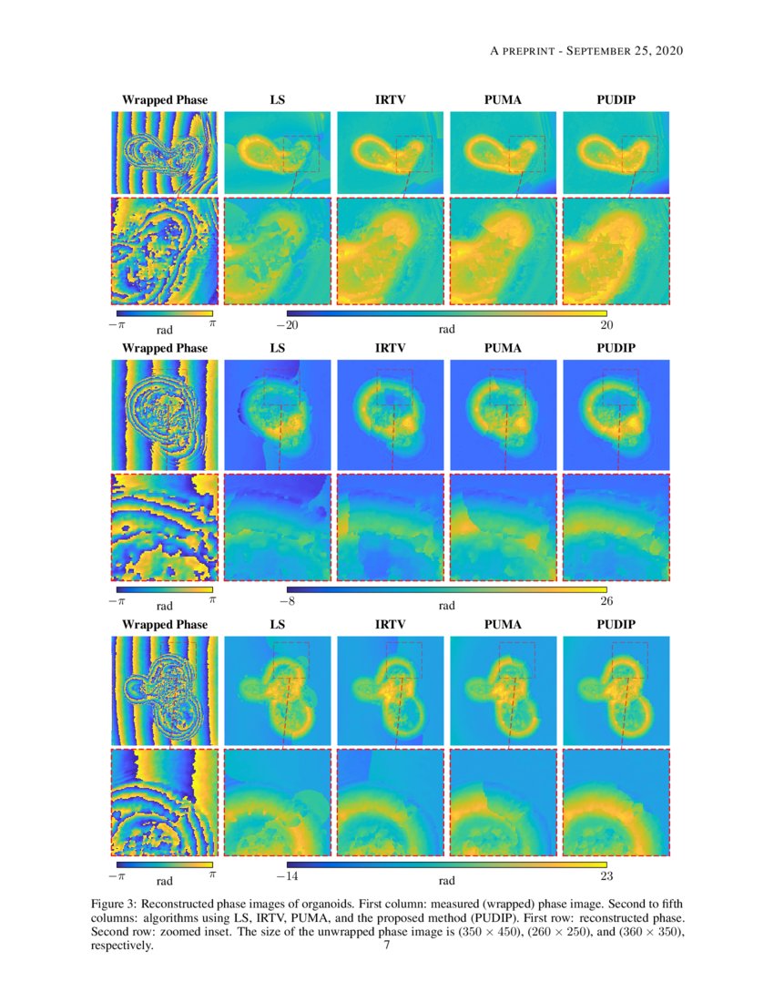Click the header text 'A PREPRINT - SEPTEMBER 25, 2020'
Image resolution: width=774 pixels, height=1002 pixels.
(586, 50)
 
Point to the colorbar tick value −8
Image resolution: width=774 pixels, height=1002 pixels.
(286, 602)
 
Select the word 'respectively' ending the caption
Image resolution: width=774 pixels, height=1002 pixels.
(121, 946)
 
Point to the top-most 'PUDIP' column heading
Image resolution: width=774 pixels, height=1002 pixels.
(616, 99)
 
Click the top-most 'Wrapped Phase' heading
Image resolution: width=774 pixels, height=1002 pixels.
(165, 99)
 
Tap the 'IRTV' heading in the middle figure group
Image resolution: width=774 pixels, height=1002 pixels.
(390, 348)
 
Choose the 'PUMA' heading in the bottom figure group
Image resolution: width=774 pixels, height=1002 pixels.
(503, 625)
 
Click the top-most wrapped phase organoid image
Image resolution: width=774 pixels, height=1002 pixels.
(165, 153)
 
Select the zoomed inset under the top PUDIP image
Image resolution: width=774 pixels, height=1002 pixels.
(616, 250)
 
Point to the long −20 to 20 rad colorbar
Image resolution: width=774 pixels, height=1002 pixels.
(446, 312)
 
